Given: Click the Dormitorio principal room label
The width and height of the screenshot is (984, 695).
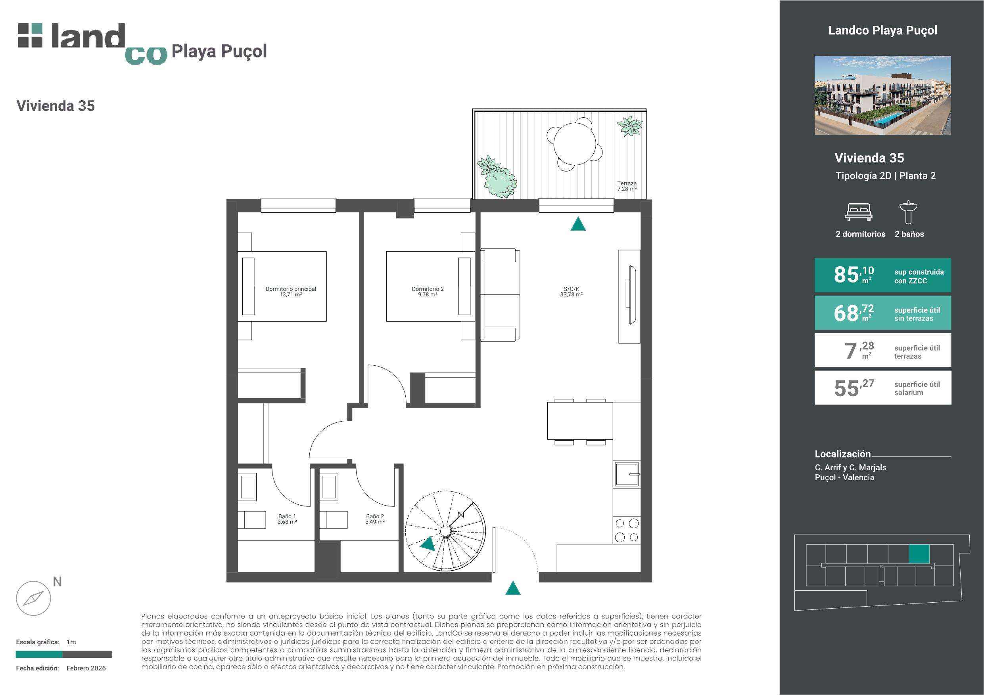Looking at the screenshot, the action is [x=291, y=292].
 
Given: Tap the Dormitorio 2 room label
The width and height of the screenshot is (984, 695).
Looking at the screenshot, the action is [x=428, y=292].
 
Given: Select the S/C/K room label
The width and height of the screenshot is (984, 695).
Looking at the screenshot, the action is [x=571, y=292].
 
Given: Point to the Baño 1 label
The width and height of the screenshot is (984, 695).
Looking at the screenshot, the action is [x=287, y=519].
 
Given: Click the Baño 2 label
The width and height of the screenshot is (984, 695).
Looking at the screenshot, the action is [x=375, y=519].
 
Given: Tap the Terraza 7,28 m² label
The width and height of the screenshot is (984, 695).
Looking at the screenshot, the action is [x=627, y=186].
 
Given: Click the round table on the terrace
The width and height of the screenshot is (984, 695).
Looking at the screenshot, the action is [x=575, y=143].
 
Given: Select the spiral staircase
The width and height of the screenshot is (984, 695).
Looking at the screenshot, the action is [x=446, y=531].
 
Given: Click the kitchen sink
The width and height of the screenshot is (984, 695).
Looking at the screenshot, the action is [x=627, y=474].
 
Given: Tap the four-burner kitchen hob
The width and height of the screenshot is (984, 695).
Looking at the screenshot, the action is [x=627, y=530].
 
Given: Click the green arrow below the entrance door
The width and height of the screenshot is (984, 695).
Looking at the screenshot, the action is [x=512, y=588].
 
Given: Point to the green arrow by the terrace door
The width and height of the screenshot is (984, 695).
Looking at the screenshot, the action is [x=578, y=224].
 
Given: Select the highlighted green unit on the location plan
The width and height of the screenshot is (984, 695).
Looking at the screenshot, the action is [x=919, y=554].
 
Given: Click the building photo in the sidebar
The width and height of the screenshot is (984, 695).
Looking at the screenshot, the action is [x=882, y=95].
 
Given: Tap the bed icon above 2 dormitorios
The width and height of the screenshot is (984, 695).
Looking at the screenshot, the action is [x=858, y=212].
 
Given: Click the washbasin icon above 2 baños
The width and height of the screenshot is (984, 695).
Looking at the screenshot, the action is [x=908, y=212].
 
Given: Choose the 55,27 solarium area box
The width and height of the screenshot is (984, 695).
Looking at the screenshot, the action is [x=882, y=388].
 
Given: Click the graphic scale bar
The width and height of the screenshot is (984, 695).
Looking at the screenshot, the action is [x=64, y=654].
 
